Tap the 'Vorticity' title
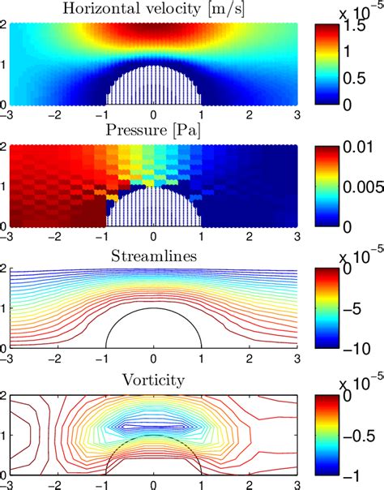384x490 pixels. pyautogui.click(x=152, y=379)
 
